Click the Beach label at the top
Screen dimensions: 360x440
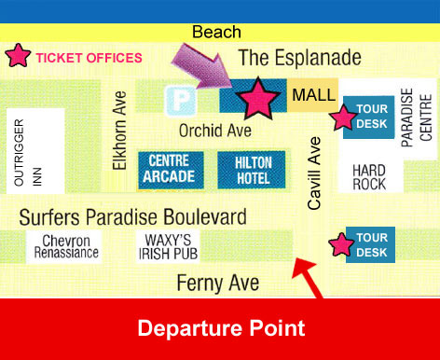[216, 33]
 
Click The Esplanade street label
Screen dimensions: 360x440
[299, 58]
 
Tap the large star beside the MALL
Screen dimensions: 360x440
[258, 97]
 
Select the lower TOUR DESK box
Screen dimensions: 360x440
[371, 244]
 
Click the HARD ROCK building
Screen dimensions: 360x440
[369, 177]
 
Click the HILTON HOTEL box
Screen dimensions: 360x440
[245, 169]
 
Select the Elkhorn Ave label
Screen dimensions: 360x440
[118, 130]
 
